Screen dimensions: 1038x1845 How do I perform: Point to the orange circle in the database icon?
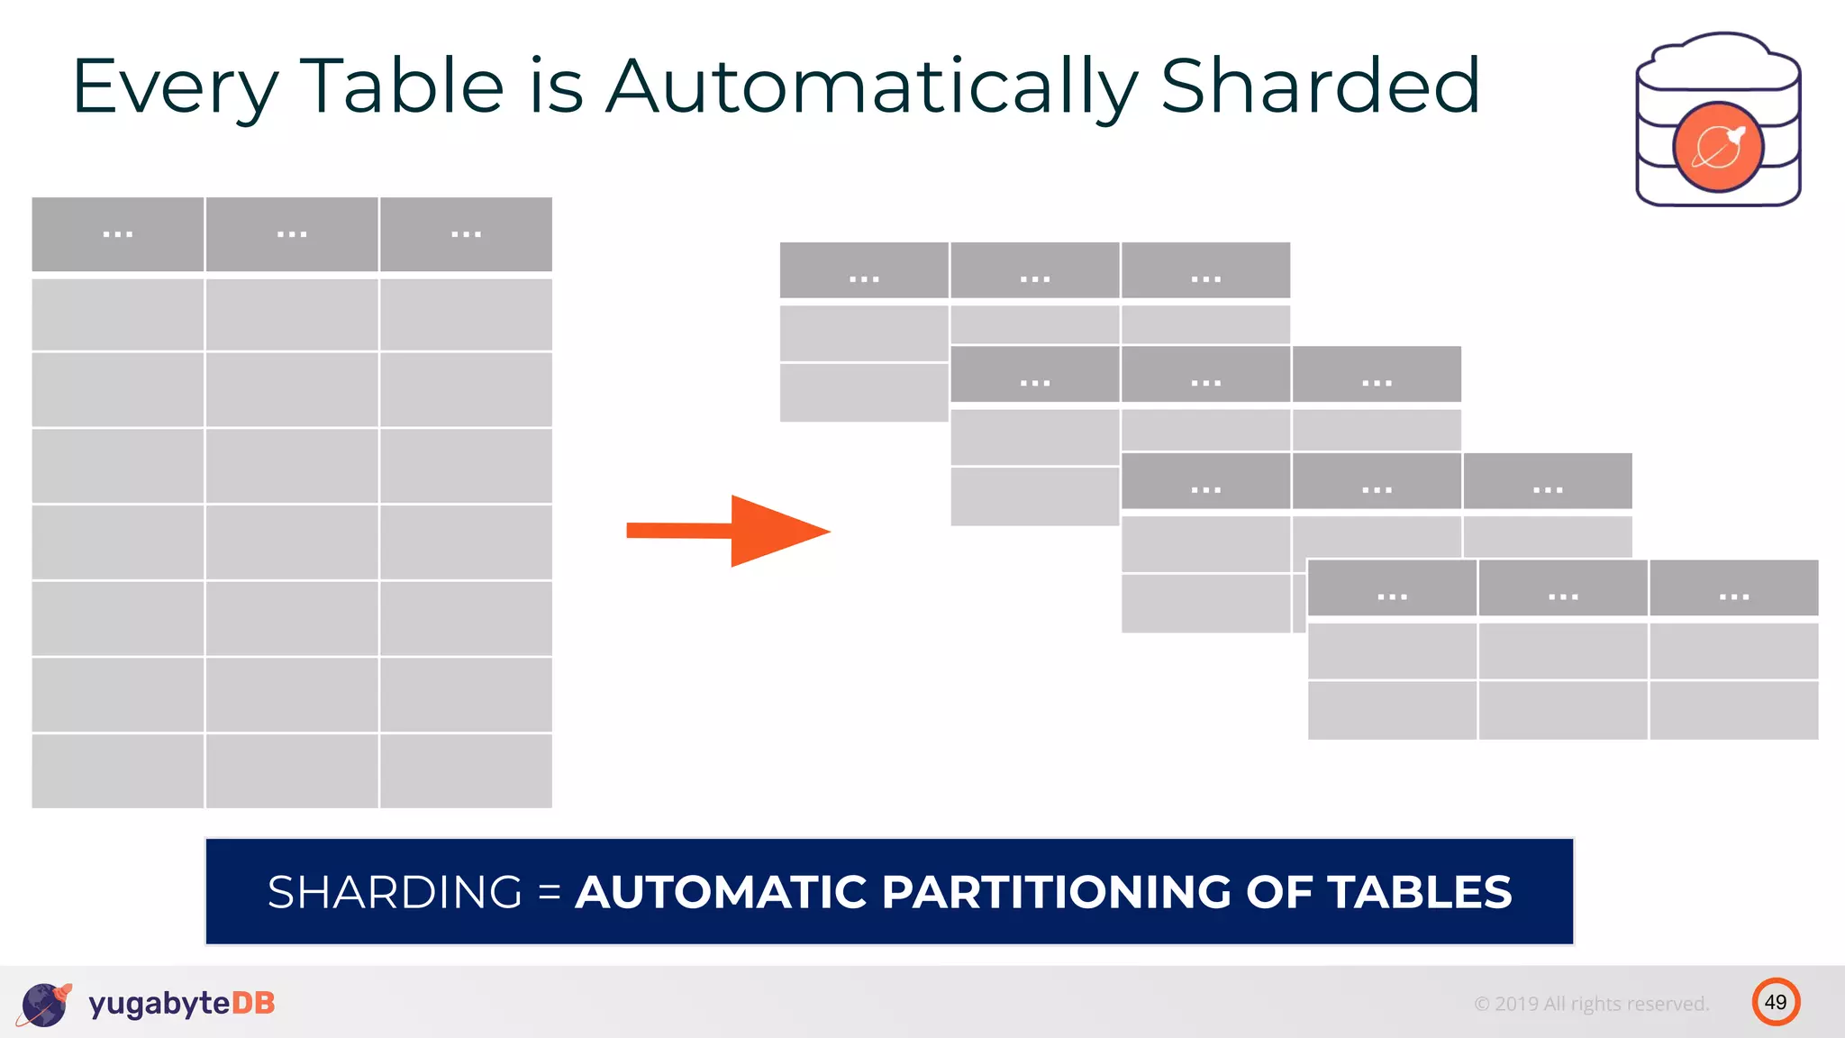tap(1717, 147)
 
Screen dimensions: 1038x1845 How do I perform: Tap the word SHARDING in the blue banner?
tap(395, 892)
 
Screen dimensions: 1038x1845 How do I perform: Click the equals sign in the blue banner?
tap(549, 893)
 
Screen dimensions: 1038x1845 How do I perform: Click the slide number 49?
tap(1776, 1002)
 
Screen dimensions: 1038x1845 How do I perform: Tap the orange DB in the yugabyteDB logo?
tap(253, 1003)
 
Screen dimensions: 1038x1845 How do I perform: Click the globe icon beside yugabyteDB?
tap(44, 1004)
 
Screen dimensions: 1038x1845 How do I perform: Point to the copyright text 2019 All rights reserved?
tap(1591, 1004)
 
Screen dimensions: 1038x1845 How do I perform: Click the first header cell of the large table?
tap(118, 234)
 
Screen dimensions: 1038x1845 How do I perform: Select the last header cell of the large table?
tap(466, 234)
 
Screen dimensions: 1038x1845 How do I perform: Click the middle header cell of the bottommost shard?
tap(1563, 588)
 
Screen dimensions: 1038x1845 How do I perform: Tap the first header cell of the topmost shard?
tap(864, 270)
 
